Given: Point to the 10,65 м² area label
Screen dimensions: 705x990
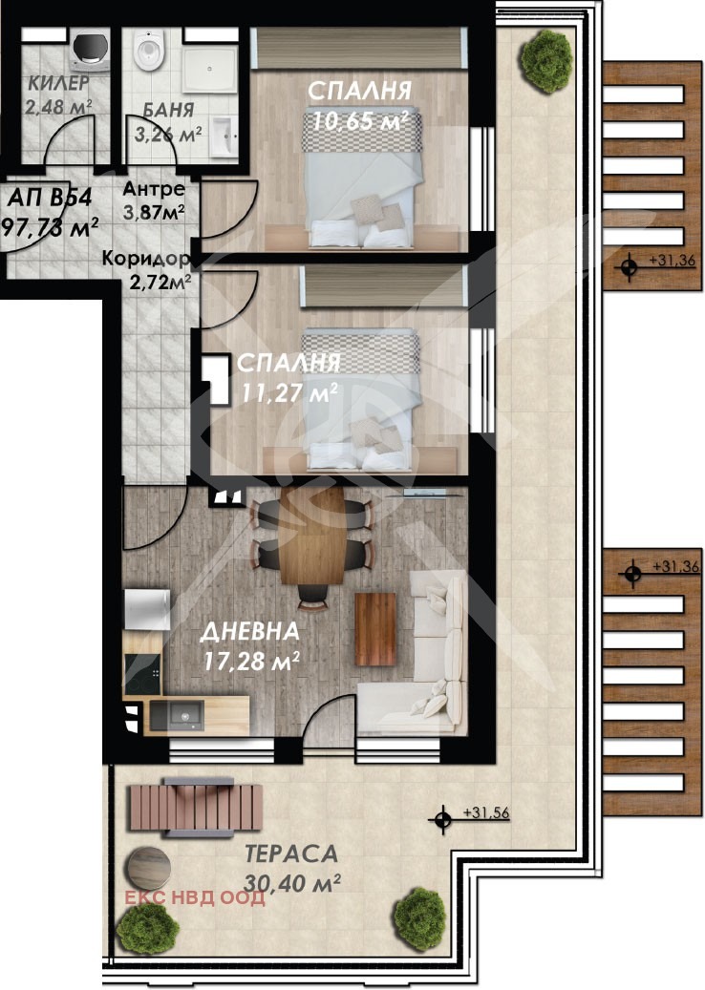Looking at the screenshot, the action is pos(358,120).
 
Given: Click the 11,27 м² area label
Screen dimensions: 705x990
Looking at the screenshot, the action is pos(288,392).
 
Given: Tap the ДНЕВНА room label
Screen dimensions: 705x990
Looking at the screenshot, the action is pos(249,631).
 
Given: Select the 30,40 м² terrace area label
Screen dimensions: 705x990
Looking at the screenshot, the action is pos(292,883).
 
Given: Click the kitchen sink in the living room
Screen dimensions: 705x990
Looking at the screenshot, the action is pos(177,715).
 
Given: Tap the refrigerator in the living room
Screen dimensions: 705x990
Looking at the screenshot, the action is pos(146,609).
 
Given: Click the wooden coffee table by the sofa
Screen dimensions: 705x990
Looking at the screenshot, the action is pos(375,629).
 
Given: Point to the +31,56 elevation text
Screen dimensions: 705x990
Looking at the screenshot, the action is pos(486,812).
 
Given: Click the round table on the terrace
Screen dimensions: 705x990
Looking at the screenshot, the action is pos(148,868).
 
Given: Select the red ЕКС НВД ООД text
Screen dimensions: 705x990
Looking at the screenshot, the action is pos(195,897).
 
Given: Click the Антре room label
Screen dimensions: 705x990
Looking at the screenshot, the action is pos(154,189).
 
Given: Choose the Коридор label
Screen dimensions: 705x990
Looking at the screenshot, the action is pos(146,258).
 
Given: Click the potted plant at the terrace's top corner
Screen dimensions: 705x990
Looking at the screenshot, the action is pos(545,59).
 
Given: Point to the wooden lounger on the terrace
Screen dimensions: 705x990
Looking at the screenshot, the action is pos(195,807).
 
